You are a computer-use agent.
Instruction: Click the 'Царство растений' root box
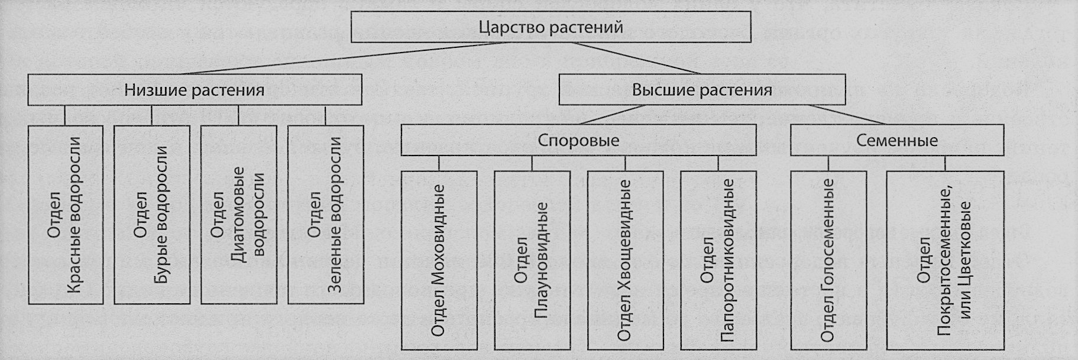551,27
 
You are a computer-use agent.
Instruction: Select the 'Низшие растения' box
195,90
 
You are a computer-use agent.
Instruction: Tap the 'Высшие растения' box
702,90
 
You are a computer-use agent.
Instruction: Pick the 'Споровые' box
578,140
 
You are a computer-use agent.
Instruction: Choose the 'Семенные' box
897,140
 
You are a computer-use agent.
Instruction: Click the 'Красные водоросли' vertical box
66,215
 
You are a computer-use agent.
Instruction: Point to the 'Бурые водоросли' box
152,215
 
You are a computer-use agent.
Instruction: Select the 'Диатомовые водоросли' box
239,215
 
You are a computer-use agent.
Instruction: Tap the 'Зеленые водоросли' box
325,215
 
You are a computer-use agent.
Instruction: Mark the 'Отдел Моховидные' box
439,260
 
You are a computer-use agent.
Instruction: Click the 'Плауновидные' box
532,260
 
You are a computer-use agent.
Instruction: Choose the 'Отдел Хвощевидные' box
625,260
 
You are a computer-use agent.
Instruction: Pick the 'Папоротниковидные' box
718,260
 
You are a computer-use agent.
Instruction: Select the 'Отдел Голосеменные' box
828,260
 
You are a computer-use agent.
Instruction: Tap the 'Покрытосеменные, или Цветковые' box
945,260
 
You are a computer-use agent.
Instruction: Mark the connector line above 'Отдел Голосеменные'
828,163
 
